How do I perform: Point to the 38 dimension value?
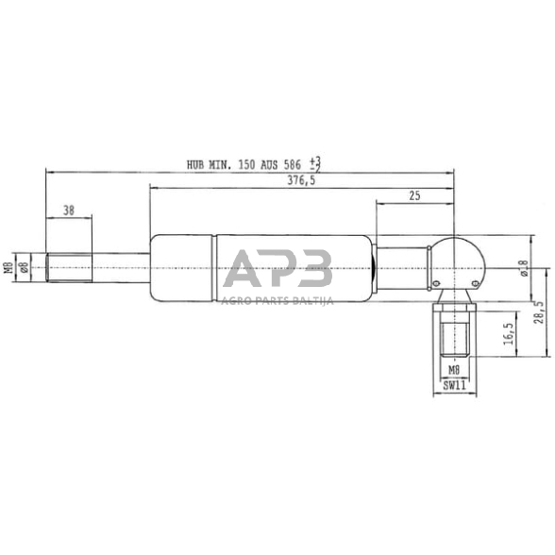(x=69, y=210)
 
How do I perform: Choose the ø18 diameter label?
(x=524, y=270)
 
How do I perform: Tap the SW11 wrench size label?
(x=454, y=385)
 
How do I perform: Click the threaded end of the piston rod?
(x=69, y=267)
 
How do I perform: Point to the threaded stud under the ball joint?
(x=454, y=336)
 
